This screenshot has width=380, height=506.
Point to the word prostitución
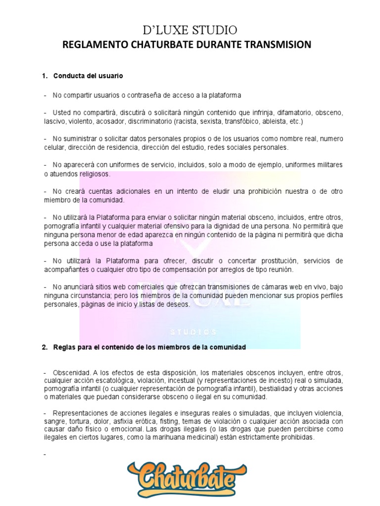[267, 260]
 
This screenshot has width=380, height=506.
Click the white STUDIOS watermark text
[193, 332]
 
